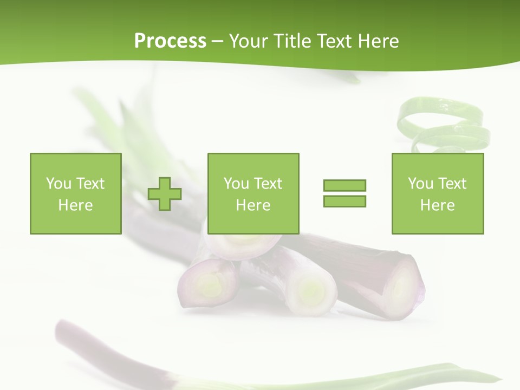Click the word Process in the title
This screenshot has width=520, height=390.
[x=170, y=41]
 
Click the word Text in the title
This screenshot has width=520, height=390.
[x=335, y=41]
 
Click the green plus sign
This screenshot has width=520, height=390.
[x=165, y=194]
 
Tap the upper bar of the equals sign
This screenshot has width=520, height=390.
[x=344, y=185]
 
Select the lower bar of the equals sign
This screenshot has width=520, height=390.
[x=344, y=201]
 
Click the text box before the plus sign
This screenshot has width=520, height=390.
[x=75, y=193]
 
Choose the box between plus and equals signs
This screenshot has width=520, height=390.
[x=253, y=193]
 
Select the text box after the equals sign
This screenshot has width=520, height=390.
[x=437, y=193]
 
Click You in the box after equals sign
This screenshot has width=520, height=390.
[x=420, y=184]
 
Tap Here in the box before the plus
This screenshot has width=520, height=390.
[x=75, y=205]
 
